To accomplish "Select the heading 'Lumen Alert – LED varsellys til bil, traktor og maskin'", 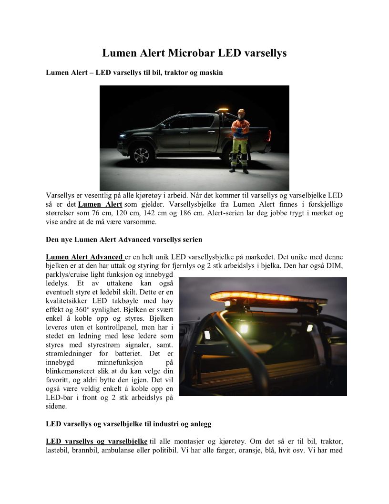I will point(134,73).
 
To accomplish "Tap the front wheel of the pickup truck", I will point(142,155).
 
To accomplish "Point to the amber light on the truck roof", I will point(222,111).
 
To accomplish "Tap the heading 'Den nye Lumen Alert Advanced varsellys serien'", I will point(124,239).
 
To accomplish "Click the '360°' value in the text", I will point(82,309).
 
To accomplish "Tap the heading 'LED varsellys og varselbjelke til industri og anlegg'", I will point(129,423).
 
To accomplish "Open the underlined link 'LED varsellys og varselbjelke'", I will point(96,441).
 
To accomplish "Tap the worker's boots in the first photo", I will point(239,169).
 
